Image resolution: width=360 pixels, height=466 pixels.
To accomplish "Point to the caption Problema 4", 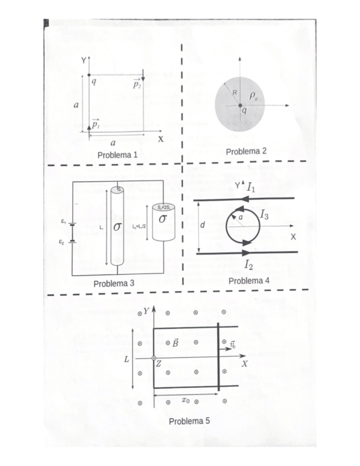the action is pos(248,280).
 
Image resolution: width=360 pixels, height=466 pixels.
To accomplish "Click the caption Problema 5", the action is pos(189,421).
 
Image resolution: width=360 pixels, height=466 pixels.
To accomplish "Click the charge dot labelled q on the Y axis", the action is pos(89,75).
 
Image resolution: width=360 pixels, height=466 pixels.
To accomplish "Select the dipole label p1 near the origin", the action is pos(96,124).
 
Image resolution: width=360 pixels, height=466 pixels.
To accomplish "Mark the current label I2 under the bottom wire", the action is pos(249,266).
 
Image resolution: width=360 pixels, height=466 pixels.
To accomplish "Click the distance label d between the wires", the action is pos(203,225).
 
